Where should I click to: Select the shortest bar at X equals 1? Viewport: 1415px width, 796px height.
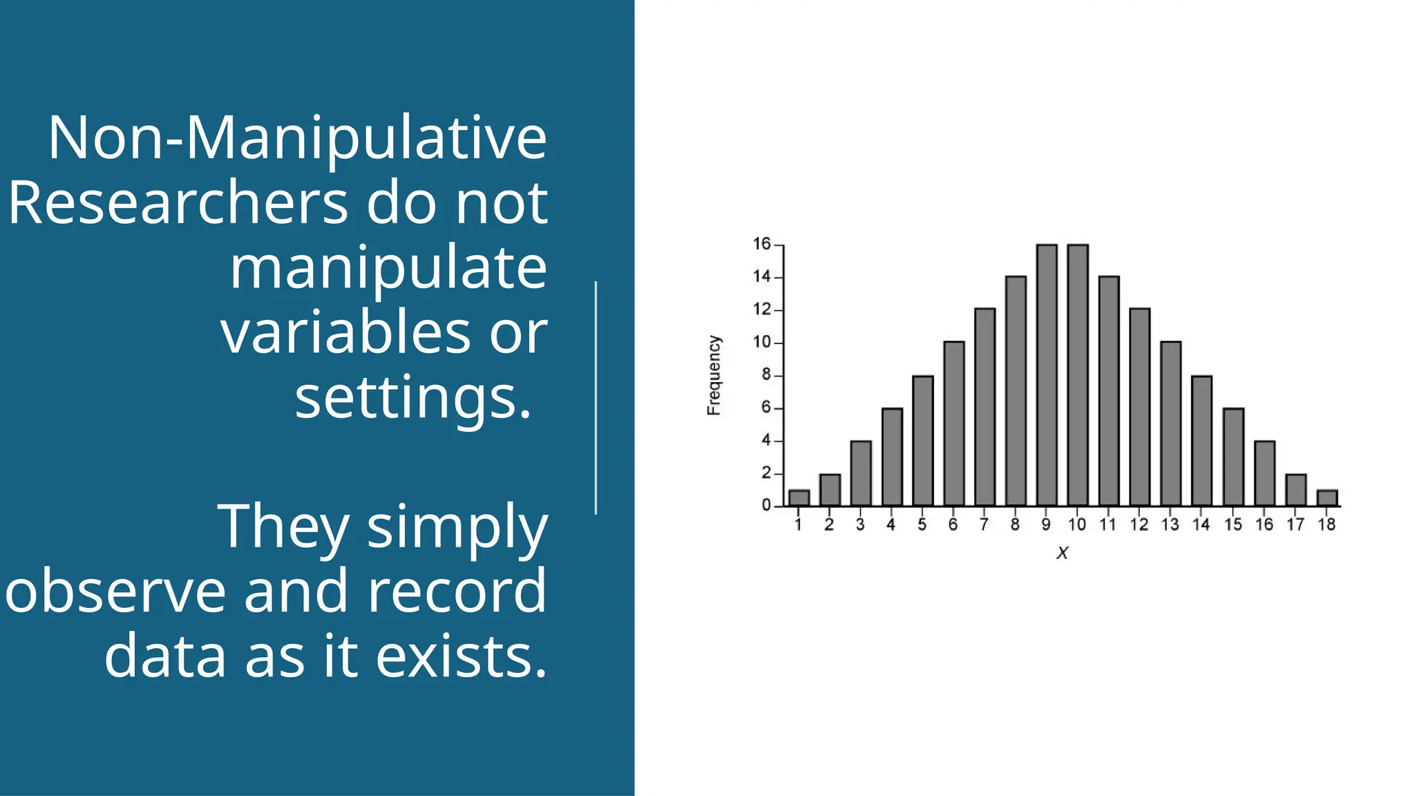[x=799, y=498]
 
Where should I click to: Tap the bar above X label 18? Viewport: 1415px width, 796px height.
[x=1327, y=498]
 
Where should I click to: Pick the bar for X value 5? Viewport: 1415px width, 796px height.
[x=922, y=441]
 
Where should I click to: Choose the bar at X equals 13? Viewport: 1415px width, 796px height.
[x=1170, y=424]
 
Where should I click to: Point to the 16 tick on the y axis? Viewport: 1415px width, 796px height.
[x=761, y=244]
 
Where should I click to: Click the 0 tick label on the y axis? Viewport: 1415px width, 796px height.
[x=766, y=506]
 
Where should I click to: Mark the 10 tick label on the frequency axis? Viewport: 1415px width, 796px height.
[x=761, y=342]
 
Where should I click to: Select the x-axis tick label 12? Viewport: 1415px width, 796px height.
[x=1139, y=525]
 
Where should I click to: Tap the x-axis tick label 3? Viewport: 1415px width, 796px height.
[x=860, y=525]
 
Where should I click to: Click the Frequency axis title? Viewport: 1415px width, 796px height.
[x=714, y=375]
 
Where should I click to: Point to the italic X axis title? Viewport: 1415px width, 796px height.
[x=1063, y=553]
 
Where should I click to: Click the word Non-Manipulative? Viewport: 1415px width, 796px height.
[x=297, y=138]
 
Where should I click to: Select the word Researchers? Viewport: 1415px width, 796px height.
[x=178, y=203]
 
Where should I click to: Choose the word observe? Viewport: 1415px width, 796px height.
[x=115, y=591]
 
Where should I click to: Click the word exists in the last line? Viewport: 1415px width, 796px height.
[x=462, y=656]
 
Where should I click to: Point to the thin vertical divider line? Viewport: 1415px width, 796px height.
[x=596, y=398]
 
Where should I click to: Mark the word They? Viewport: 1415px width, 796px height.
[x=283, y=527]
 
